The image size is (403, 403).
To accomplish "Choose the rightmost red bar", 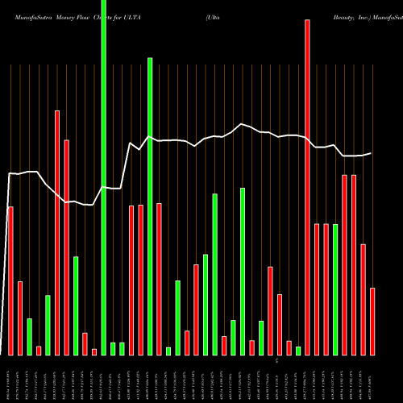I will tap(372, 322).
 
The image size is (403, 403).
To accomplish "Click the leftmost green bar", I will tap(29, 336).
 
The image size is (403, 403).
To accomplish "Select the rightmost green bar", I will tap(335, 289).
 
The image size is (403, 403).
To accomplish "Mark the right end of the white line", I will tap(371, 153).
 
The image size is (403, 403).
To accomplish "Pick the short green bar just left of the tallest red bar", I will tap(298, 351).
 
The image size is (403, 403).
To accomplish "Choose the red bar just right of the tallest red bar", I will tap(317, 289).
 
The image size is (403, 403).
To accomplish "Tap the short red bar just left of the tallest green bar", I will tap(94, 351).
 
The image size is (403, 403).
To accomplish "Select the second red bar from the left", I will tap(20, 318).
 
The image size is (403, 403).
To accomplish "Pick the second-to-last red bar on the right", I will tap(363, 299).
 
